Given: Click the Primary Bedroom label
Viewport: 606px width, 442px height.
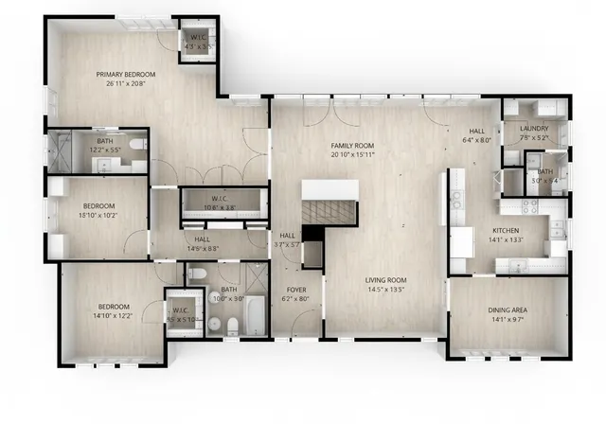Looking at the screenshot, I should pyautogui.click(x=125, y=74).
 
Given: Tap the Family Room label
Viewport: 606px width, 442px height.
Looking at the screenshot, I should pyautogui.click(x=348, y=145).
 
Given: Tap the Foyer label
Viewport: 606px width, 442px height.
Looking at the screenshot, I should pyautogui.click(x=296, y=290).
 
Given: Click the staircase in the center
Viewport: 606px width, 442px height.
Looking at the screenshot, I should pyautogui.click(x=331, y=203).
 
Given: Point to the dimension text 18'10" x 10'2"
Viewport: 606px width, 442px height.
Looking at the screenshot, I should pyautogui.click(x=99, y=215).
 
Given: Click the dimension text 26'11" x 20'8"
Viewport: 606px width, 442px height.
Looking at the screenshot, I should pyautogui.click(x=125, y=83).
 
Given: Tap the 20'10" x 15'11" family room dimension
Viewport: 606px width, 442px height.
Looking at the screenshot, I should pyautogui.click(x=348, y=153).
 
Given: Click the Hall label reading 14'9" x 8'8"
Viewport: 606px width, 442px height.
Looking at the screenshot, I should pyautogui.click(x=203, y=244).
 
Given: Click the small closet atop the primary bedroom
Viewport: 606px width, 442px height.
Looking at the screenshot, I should pyautogui.click(x=200, y=41).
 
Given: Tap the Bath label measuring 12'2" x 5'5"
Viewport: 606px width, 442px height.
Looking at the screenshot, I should pyautogui.click(x=104, y=145).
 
